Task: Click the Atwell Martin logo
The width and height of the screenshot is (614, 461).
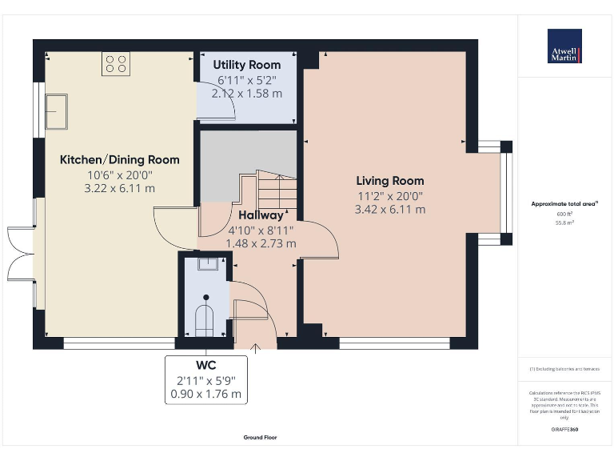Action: [x=564, y=46]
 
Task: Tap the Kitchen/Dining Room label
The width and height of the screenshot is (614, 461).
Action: [x=120, y=159]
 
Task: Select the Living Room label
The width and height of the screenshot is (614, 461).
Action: [x=390, y=181]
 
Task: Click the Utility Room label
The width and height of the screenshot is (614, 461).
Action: [x=247, y=64]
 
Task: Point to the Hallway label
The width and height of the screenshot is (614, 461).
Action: [x=261, y=215]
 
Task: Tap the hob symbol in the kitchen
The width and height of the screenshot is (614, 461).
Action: [x=116, y=63]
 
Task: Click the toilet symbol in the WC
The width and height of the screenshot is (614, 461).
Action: [x=205, y=316]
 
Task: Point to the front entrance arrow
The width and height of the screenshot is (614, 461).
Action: [x=256, y=347]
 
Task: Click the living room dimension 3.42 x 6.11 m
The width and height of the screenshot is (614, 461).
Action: [x=390, y=210]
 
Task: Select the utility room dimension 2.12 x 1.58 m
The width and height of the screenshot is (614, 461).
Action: [x=247, y=94]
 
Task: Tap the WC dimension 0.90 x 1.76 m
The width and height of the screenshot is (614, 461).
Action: [x=205, y=394]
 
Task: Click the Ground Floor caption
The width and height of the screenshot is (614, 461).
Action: [x=260, y=438]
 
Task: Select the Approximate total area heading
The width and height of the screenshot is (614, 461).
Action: [x=564, y=204]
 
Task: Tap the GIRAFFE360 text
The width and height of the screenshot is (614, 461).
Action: [x=564, y=431]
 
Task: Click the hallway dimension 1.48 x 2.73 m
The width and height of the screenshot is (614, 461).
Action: [x=261, y=243]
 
